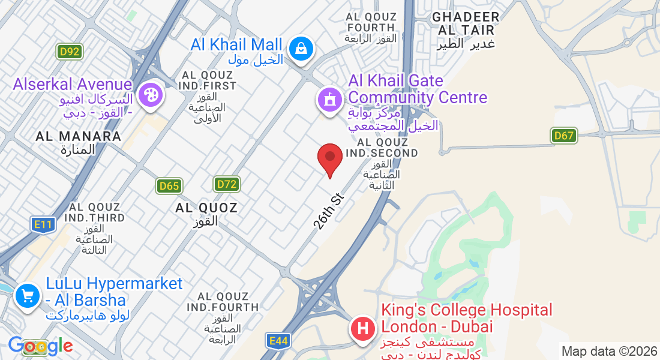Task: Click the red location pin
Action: (329, 158)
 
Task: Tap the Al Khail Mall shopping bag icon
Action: (298, 49)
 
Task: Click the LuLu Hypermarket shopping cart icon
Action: (26, 295)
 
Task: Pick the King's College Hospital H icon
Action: (362, 329)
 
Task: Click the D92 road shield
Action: (70, 52)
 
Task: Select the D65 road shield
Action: (169, 186)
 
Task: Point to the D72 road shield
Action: (227, 184)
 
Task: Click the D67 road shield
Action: (564, 136)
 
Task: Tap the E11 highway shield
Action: (43, 225)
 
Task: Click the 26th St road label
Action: (328, 211)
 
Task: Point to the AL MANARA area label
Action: (79, 142)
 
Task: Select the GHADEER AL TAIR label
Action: (466, 30)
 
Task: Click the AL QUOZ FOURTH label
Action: (371, 27)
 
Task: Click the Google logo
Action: (40, 346)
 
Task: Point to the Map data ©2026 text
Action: (609, 351)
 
